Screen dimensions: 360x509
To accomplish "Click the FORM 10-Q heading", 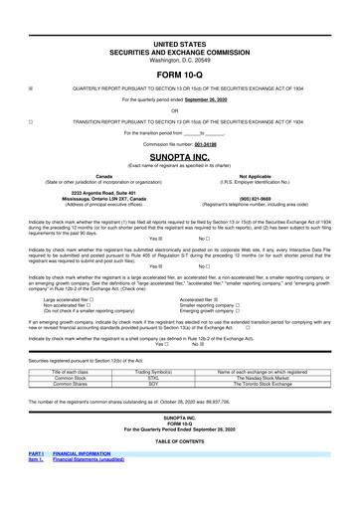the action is tap(179, 74).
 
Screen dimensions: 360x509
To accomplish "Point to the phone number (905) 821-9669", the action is tap(271, 197).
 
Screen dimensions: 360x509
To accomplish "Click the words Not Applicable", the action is tap(271, 176).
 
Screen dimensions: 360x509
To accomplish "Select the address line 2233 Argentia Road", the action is tap(90, 191).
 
